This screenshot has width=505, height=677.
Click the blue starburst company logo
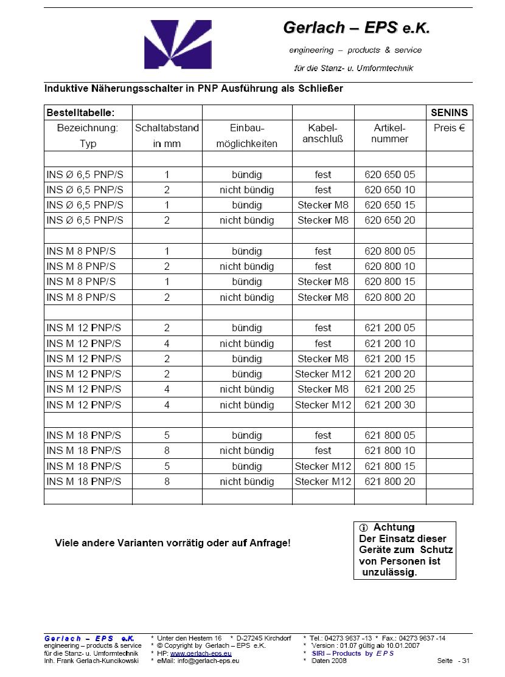[169, 44]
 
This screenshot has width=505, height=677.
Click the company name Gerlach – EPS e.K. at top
[352, 28]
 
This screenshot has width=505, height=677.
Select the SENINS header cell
[449, 112]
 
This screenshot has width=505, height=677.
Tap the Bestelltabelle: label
[80, 112]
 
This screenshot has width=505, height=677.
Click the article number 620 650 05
[389, 174]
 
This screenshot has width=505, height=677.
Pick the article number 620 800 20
[389, 297]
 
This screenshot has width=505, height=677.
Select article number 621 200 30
[389, 405]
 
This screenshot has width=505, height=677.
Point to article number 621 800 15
[389, 466]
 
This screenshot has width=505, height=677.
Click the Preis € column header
[449, 128]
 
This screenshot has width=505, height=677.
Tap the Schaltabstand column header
[167, 128]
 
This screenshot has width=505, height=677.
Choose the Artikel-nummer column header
[389, 134]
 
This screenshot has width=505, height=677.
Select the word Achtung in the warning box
[394, 528]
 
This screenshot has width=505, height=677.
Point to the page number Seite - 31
[453, 661]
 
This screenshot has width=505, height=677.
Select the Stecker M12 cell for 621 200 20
[323, 374]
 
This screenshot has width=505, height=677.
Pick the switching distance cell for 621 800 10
[167, 451]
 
